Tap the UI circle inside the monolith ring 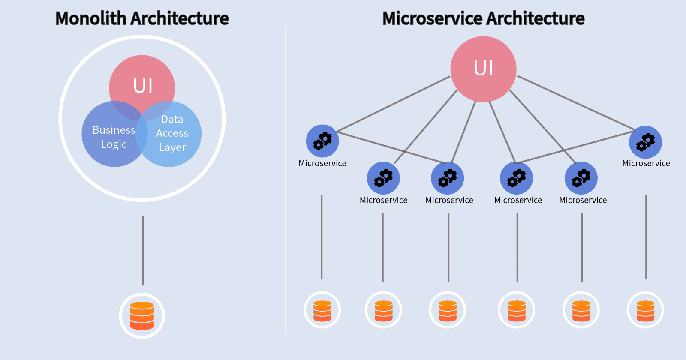click(x=142, y=81)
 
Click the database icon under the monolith click(x=142, y=316)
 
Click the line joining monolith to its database click(x=143, y=251)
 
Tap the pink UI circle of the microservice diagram click(x=483, y=69)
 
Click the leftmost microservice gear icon click(x=322, y=141)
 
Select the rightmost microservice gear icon click(x=645, y=142)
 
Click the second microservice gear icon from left click(x=383, y=178)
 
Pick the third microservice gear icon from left click(x=447, y=178)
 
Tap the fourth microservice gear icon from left click(x=516, y=178)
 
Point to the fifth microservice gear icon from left click(x=581, y=178)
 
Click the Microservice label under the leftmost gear click(x=322, y=163)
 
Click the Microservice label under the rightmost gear click(x=646, y=163)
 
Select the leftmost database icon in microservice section click(x=322, y=310)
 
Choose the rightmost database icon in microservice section click(x=645, y=310)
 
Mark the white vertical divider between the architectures click(x=285, y=180)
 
